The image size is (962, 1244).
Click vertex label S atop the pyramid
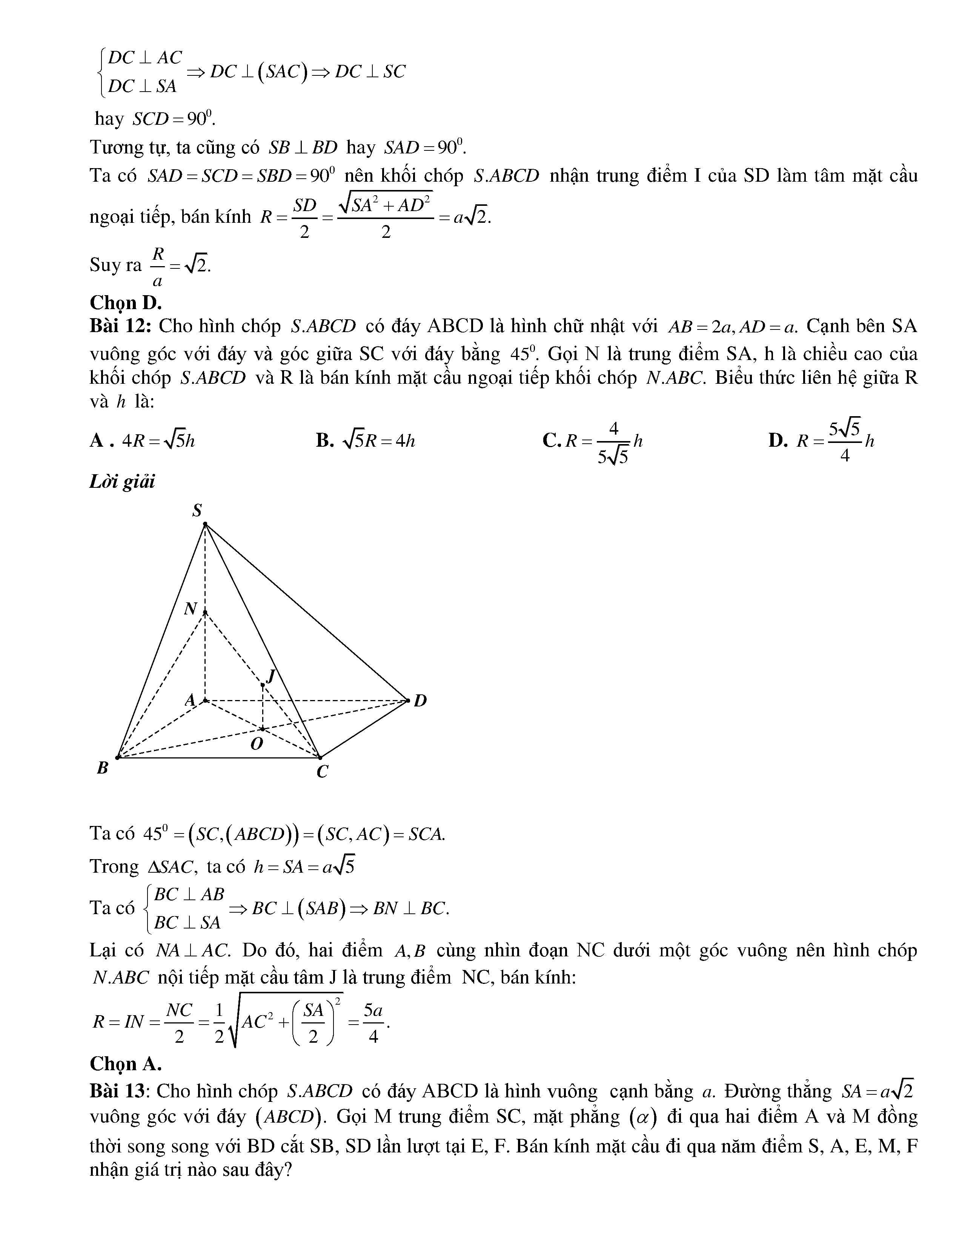pyautogui.click(x=197, y=510)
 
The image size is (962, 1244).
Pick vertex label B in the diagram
pyautogui.click(x=103, y=768)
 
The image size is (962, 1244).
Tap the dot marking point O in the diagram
pyautogui.click(x=262, y=729)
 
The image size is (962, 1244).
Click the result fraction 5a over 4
pyautogui.click(x=373, y=1023)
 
